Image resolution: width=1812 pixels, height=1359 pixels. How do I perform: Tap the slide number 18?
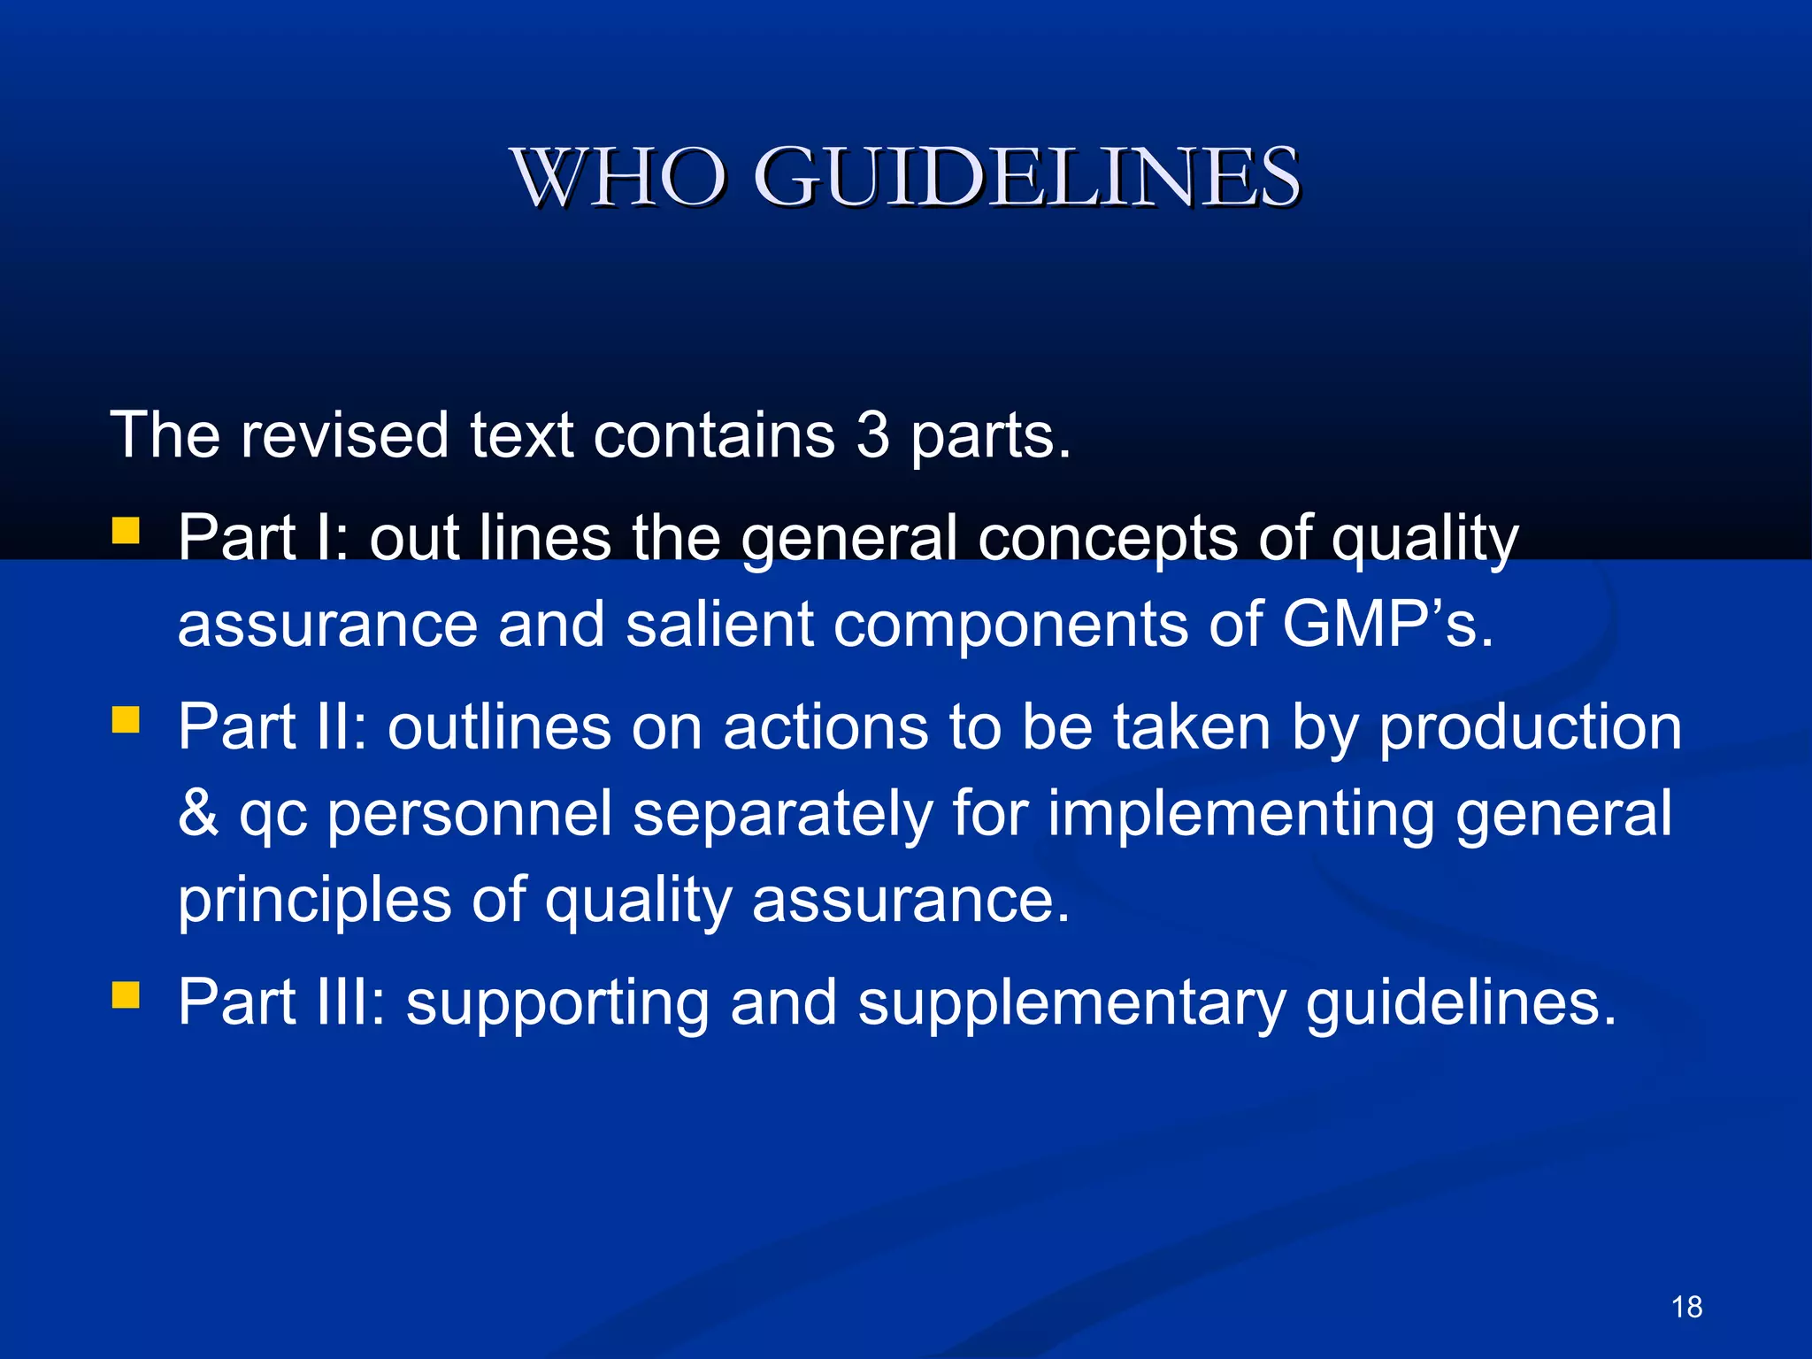(x=1686, y=1306)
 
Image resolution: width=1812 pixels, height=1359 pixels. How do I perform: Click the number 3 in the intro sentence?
(x=872, y=435)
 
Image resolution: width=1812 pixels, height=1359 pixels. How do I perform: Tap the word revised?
(x=344, y=435)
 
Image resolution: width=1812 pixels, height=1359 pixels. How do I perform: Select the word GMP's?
(x=1387, y=625)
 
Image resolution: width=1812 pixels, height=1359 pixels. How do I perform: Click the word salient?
(x=719, y=625)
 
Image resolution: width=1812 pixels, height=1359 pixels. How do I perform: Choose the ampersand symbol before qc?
(x=198, y=814)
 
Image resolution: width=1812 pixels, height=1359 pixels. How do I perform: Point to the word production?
(x=1531, y=729)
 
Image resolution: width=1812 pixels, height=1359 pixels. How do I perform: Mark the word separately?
(x=782, y=814)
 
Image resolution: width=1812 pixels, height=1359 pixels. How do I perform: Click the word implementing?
(x=1241, y=814)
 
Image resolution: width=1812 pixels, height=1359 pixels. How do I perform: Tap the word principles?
(x=314, y=901)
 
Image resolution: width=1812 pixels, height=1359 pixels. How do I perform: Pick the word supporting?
(x=557, y=1003)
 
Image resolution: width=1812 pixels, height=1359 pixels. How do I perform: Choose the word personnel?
(x=470, y=814)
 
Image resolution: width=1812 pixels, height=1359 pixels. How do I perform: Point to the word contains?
(x=714, y=435)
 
